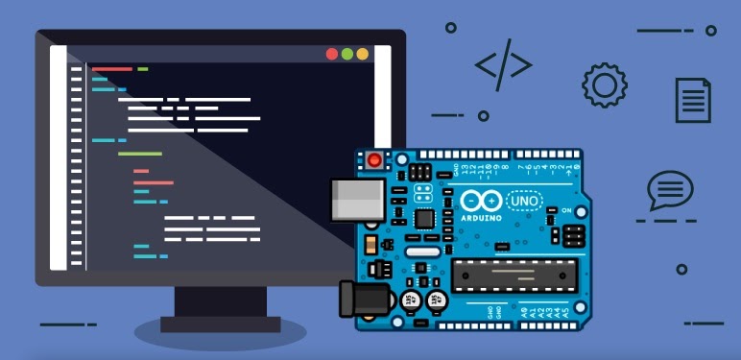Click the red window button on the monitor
(x=332, y=55)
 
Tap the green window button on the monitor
(x=347, y=55)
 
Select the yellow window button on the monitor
(x=362, y=55)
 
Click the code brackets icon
(x=503, y=65)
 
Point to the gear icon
(x=604, y=85)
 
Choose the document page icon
(x=693, y=100)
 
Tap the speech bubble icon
(x=669, y=190)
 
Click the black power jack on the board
(x=366, y=298)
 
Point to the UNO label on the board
(x=527, y=201)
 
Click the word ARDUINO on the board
(x=481, y=217)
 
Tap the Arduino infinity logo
(x=480, y=201)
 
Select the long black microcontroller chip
(x=514, y=275)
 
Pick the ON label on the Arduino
(x=566, y=210)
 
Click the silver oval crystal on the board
(x=419, y=252)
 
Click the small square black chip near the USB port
(x=423, y=218)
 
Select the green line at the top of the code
(x=143, y=69)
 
